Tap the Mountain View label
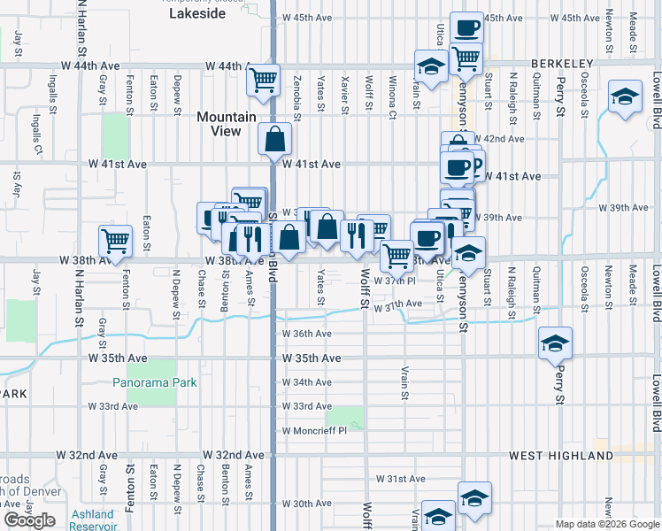(226, 124)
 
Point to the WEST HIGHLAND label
(561, 456)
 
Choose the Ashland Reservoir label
(92, 519)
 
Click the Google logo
(30, 520)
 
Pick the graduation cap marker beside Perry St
(555, 342)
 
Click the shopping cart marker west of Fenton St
(115, 240)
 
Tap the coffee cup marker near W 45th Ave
(466, 27)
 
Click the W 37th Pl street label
(395, 281)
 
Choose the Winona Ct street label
(391, 103)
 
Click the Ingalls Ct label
(36, 132)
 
